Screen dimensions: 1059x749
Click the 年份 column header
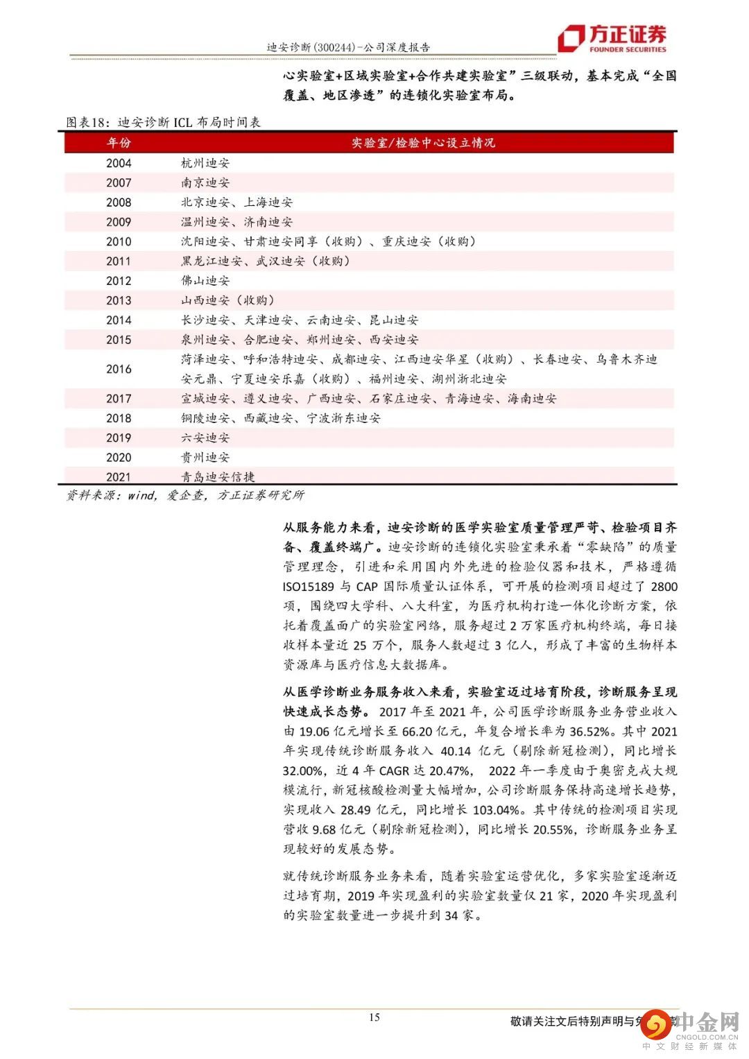tap(119, 143)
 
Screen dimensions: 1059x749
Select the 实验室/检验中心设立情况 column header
tap(423, 143)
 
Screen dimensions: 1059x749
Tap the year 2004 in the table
tap(119, 163)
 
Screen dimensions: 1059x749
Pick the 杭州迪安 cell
tap(205, 163)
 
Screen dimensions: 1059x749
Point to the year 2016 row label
tap(119, 369)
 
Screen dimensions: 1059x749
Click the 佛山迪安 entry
tap(205, 281)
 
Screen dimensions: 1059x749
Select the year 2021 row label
tap(119, 476)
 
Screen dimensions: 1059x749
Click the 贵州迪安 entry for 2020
tap(205, 457)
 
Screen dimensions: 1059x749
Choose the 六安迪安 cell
tap(205, 438)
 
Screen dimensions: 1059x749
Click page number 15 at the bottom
tap(374, 1017)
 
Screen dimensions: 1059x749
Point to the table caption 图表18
tap(87, 123)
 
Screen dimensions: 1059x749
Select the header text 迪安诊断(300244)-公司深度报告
tap(348, 47)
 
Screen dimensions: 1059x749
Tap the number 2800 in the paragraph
tap(664, 586)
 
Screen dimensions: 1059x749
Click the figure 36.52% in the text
tap(589, 731)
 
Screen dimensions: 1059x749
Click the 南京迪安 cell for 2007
tap(205, 182)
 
